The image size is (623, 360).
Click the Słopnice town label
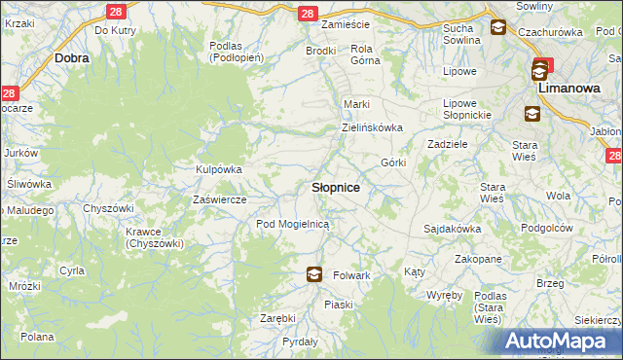[x=336, y=187]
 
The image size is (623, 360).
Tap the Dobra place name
[x=73, y=58]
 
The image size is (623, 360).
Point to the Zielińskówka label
[x=372, y=127]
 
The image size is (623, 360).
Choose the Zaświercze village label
[x=220, y=199]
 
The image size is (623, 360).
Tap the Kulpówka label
[x=219, y=169]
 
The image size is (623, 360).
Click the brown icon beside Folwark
[x=313, y=274]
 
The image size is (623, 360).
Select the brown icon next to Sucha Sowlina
[x=497, y=28]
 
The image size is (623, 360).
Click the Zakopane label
[x=478, y=260]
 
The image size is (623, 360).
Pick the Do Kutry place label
[x=115, y=31]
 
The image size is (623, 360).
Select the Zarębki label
[x=277, y=318]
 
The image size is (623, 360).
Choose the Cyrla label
[x=72, y=270]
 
